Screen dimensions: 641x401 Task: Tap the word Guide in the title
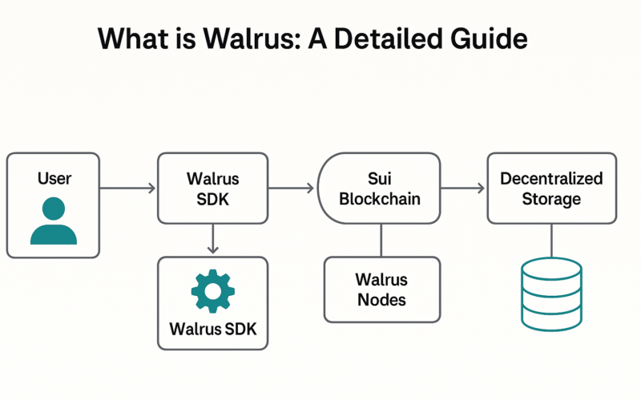[489, 38]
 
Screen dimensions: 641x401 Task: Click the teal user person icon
[54, 221]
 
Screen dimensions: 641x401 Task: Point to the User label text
[54, 178]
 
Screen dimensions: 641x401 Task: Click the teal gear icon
[213, 291]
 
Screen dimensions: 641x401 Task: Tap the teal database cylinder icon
[551, 294]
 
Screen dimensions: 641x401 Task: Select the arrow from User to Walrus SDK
[127, 188]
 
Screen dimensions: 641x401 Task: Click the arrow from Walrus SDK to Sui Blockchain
[291, 188]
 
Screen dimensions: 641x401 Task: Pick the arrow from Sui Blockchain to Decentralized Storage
[462, 188]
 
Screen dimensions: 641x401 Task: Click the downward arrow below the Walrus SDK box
[213, 238]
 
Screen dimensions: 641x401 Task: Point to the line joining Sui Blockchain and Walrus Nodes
[381, 240]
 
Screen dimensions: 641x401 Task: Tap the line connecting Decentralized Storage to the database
[551, 241]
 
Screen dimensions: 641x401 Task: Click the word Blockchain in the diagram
[380, 199]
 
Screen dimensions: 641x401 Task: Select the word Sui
[380, 178]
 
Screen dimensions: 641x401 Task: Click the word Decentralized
[551, 178]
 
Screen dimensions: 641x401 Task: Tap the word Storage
[551, 199]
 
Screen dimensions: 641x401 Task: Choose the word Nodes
[382, 300]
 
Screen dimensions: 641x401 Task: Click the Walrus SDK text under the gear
[213, 329]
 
